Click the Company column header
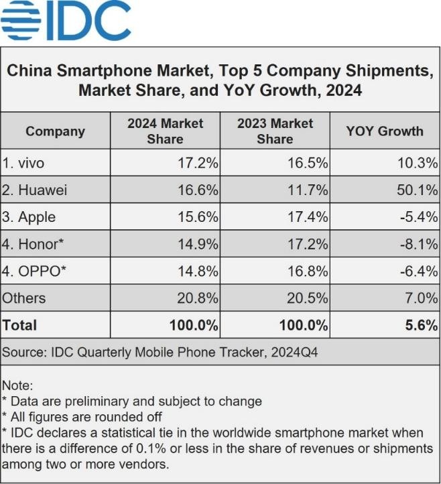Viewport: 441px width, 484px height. click(55, 131)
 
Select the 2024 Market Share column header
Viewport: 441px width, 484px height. click(165, 131)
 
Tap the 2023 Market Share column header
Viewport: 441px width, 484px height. click(275, 131)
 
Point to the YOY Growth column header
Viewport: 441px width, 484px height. click(385, 131)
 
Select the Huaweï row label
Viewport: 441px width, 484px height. click(34, 190)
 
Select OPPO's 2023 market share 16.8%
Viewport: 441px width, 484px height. click(308, 271)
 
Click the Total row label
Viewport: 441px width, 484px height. click(19, 325)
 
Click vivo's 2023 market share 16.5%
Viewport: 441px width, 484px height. click(308, 163)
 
